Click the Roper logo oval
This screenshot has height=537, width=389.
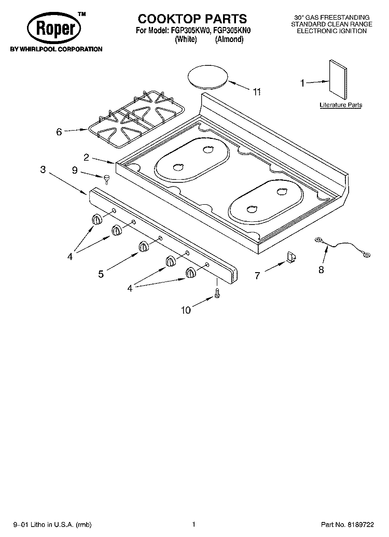pyautogui.click(x=53, y=28)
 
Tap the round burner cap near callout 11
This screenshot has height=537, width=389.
pyautogui.click(x=208, y=77)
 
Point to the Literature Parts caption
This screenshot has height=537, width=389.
pyautogui.click(x=341, y=105)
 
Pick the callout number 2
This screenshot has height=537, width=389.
pyautogui.click(x=87, y=157)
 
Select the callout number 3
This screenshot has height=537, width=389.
pyautogui.click(x=43, y=169)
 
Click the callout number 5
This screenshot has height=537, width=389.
pyautogui.click(x=101, y=274)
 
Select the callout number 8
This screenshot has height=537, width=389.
pyautogui.click(x=321, y=269)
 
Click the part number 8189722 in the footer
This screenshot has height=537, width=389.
pyautogui.click(x=367, y=524)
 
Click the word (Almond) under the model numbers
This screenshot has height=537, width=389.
pyautogui.click(x=229, y=39)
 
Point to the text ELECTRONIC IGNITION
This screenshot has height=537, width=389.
pyautogui.click(x=331, y=31)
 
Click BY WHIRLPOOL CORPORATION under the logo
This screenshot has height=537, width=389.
pyautogui.click(x=53, y=49)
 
